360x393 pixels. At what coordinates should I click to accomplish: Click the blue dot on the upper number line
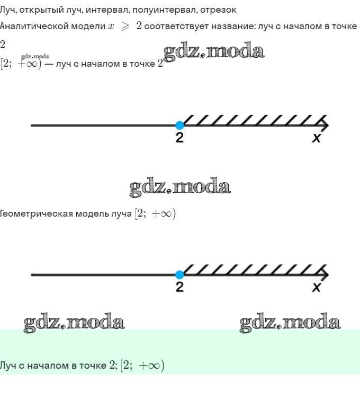coord(179,126)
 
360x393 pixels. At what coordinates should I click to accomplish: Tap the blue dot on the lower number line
coord(179,275)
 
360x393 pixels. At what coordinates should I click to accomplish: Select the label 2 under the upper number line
coord(180,139)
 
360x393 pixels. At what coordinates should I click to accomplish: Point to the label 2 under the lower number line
coord(180,288)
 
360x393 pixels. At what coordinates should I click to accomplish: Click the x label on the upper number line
coord(316,139)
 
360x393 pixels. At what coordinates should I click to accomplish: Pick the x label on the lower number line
coord(316,288)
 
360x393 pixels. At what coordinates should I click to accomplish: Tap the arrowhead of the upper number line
coord(325,126)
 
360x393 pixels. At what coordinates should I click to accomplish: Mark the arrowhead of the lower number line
coord(325,275)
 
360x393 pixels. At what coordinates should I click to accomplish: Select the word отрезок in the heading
coord(219,10)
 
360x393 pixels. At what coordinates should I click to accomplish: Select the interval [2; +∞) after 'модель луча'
coord(155,214)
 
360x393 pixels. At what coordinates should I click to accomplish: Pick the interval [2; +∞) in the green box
coord(142,365)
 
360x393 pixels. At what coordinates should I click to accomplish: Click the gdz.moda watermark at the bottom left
coord(74,322)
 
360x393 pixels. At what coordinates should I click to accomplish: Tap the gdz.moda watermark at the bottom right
coord(290,322)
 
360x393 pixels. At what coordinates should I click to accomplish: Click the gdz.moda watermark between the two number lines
coord(180,187)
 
